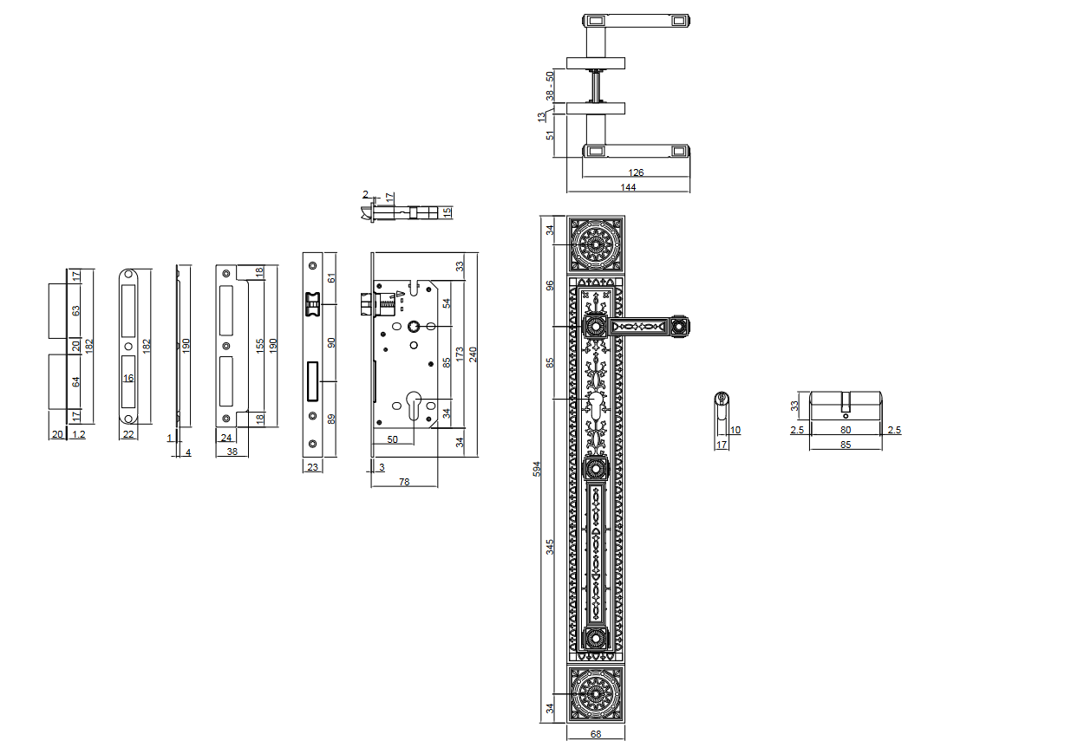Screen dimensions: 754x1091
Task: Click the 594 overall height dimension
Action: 537,469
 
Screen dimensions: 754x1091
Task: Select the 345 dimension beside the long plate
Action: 550,547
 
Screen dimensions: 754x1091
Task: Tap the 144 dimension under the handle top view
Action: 628,187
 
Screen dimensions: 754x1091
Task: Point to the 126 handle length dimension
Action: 636,172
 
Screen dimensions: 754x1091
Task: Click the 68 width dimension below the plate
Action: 596,734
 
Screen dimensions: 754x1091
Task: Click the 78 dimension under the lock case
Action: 404,482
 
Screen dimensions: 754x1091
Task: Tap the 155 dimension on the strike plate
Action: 258,345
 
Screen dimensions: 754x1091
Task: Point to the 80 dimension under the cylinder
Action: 846,430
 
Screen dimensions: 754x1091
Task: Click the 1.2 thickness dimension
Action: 79,434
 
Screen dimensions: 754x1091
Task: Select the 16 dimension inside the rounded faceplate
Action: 128,379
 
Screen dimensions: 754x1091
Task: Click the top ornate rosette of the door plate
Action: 596,244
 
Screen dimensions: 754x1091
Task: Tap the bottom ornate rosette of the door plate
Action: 596,693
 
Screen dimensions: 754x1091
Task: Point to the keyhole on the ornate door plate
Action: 596,407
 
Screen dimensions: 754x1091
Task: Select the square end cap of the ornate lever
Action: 678,327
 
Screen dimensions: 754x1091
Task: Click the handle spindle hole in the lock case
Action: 414,327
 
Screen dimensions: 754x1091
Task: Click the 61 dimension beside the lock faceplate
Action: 330,278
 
